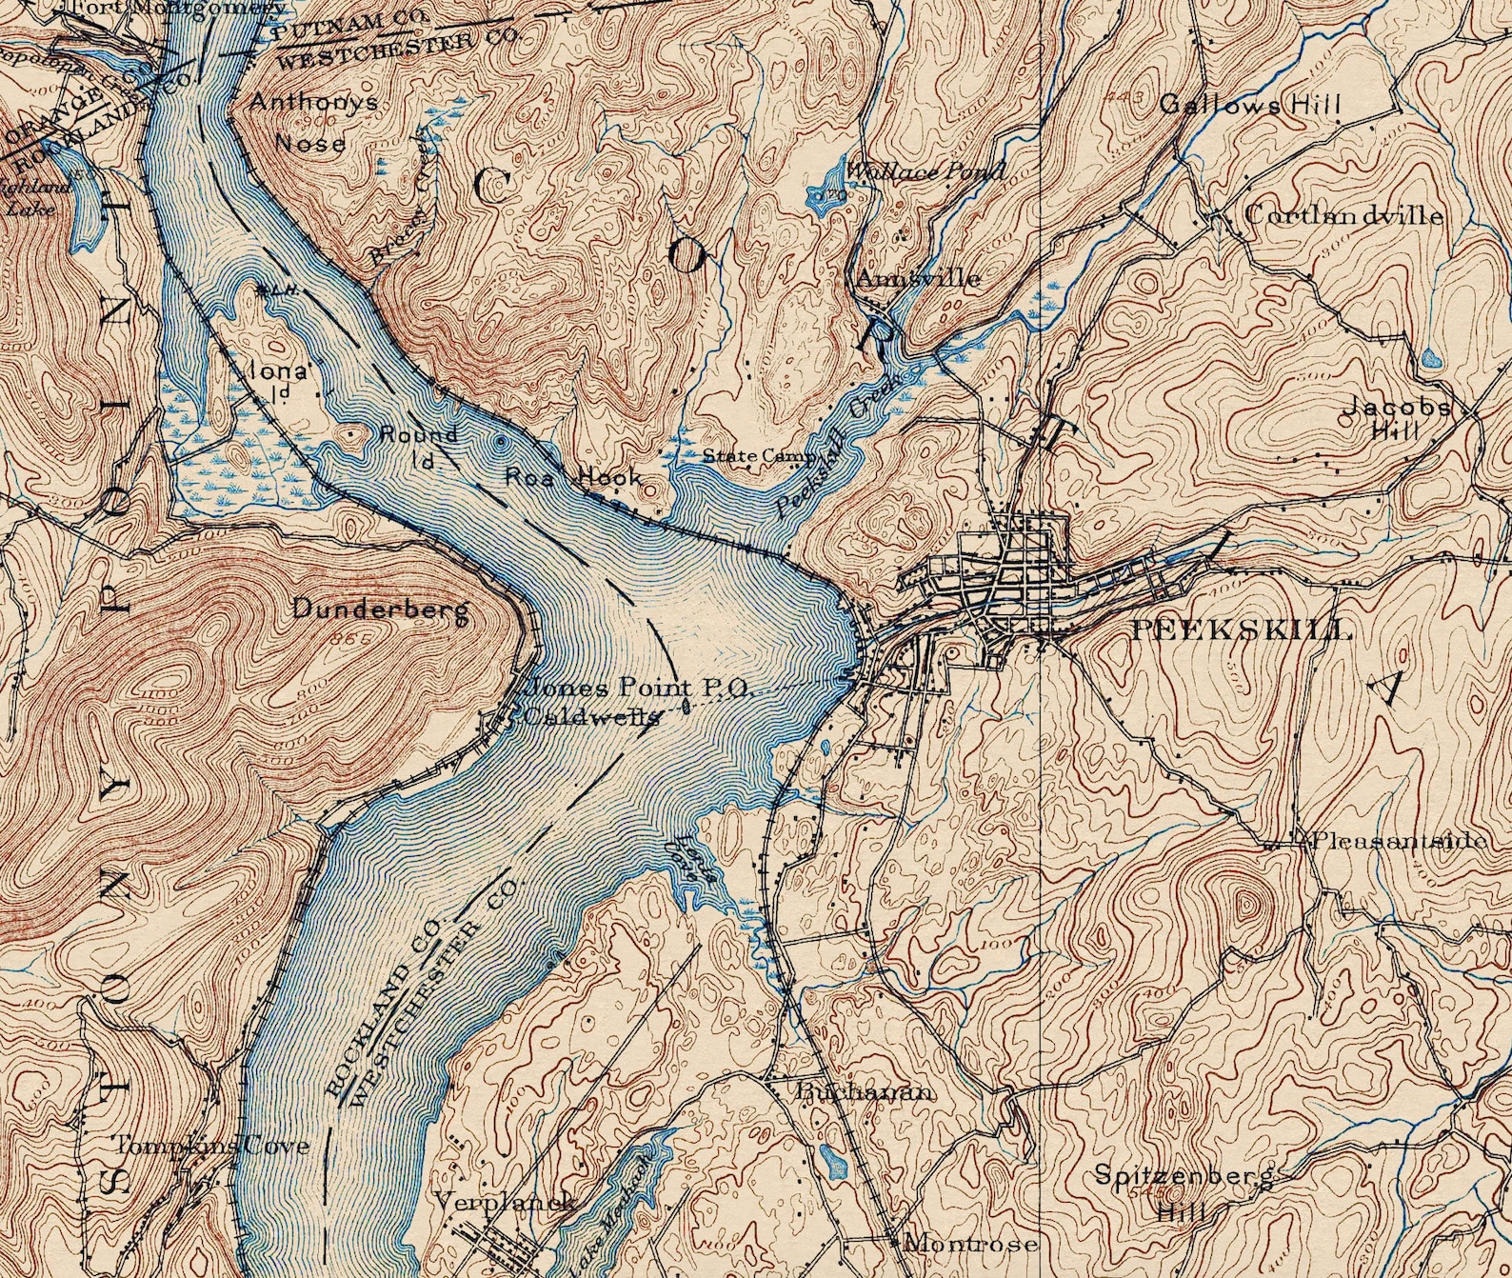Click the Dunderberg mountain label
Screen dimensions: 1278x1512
click(380, 609)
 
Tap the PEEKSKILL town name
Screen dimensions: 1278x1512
click(1242, 629)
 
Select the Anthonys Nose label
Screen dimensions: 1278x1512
click(313, 122)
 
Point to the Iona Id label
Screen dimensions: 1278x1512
click(281, 379)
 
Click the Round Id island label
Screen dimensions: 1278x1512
click(419, 444)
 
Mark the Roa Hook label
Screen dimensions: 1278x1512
click(573, 475)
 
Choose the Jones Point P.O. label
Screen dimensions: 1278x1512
click(639, 687)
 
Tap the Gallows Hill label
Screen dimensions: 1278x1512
click(1249, 104)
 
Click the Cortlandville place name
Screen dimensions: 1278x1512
click(1343, 215)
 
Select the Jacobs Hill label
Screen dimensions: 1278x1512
click(1396, 417)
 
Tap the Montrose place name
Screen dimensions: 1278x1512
click(969, 1242)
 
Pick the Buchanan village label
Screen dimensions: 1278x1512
click(863, 1091)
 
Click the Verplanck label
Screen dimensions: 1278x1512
click(504, 1201)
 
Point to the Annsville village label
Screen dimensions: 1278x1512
click(918, 278)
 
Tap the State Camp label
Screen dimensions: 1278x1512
click(759, 456)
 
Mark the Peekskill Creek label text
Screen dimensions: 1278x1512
click(838, 445)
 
